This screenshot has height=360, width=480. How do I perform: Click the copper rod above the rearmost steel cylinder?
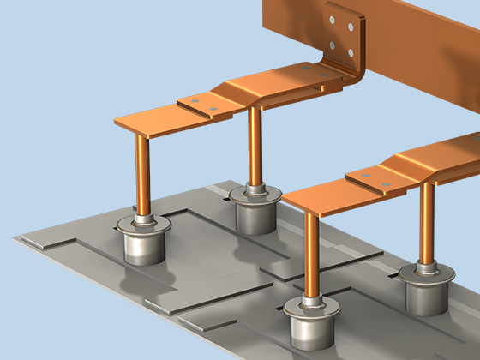click(255, 146)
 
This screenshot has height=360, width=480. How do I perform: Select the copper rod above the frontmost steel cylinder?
click(310, 253)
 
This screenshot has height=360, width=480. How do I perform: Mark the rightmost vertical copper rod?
click(426, 223)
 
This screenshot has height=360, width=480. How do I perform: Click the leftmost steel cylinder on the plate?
click(143, 243)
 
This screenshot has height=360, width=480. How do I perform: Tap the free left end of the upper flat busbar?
click(129, 120)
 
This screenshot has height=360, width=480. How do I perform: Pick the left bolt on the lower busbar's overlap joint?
click(365, 175)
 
